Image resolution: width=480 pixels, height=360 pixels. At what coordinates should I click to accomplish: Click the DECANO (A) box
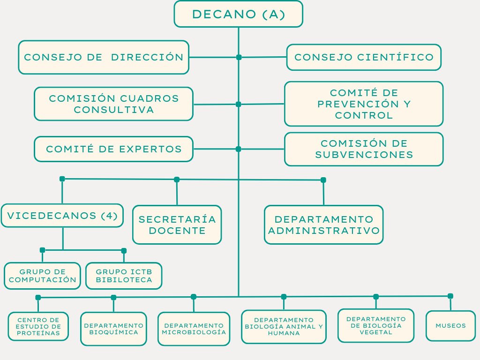point(238,14)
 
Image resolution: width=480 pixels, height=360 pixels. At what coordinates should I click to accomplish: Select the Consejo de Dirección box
point(104,57)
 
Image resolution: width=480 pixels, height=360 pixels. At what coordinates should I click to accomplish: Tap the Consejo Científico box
point(364,57)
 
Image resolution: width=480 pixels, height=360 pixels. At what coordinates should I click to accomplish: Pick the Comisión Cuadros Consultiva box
point(113,104)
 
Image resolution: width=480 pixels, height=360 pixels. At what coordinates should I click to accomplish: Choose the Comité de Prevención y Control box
point(364,104)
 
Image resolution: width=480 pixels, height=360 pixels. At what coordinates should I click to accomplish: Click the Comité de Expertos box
point(113,149)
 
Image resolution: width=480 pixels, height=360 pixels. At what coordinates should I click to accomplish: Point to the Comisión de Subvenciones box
point(364,149)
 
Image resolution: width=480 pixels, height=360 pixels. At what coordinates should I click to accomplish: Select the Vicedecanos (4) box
point(62,216)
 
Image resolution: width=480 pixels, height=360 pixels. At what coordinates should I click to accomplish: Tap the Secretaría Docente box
point(177,225)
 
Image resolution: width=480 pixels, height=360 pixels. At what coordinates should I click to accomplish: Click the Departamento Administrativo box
point(323,225)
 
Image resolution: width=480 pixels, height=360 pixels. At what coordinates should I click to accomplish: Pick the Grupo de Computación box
point(42,276)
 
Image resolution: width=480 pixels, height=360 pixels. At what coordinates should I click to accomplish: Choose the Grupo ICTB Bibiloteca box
point(124,276)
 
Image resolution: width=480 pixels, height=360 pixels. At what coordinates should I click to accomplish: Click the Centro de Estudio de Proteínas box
point(38,326)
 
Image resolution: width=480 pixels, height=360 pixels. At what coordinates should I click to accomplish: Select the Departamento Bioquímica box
point(113,329)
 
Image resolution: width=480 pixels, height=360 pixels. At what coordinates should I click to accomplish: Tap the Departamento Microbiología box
point(194,329)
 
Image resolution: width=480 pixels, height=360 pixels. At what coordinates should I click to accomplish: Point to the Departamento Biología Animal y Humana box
point(284,326)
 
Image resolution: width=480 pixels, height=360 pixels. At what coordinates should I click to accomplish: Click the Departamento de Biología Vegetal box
point(376,325)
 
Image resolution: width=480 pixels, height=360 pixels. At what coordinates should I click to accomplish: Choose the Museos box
point(450,325)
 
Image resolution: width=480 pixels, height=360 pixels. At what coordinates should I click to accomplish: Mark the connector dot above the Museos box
point(450,296)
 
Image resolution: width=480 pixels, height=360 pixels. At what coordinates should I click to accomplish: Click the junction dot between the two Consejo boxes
point(239,57)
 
